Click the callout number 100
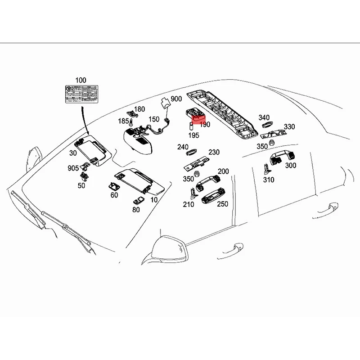tap(81, 80)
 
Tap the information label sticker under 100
tap(81, 94)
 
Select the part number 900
tap(176, 99)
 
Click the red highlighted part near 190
tap(197, 119)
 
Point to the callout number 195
tap(193, 135)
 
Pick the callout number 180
tap(139, 109)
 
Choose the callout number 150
tap(154, 119)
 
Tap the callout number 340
tap(264, 118)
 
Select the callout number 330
tap(289, 127)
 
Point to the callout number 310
tap(268, 180)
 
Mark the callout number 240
tap(183, 147)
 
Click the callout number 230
tap(214, 153)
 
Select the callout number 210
tap(188, 204)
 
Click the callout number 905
tap(73, 168)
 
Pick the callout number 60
tap(114, 195)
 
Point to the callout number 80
tap(136, 209)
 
